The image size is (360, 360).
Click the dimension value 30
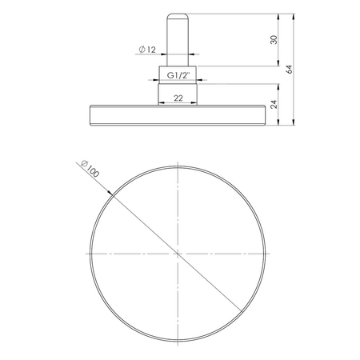[x=274, y=39]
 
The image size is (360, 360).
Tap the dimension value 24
[x=274, y=103]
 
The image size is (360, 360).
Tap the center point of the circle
[x=175, y=253]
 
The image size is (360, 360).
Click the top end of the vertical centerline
[x=175, y=157]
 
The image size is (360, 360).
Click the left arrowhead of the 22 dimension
[x=160, y=102]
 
